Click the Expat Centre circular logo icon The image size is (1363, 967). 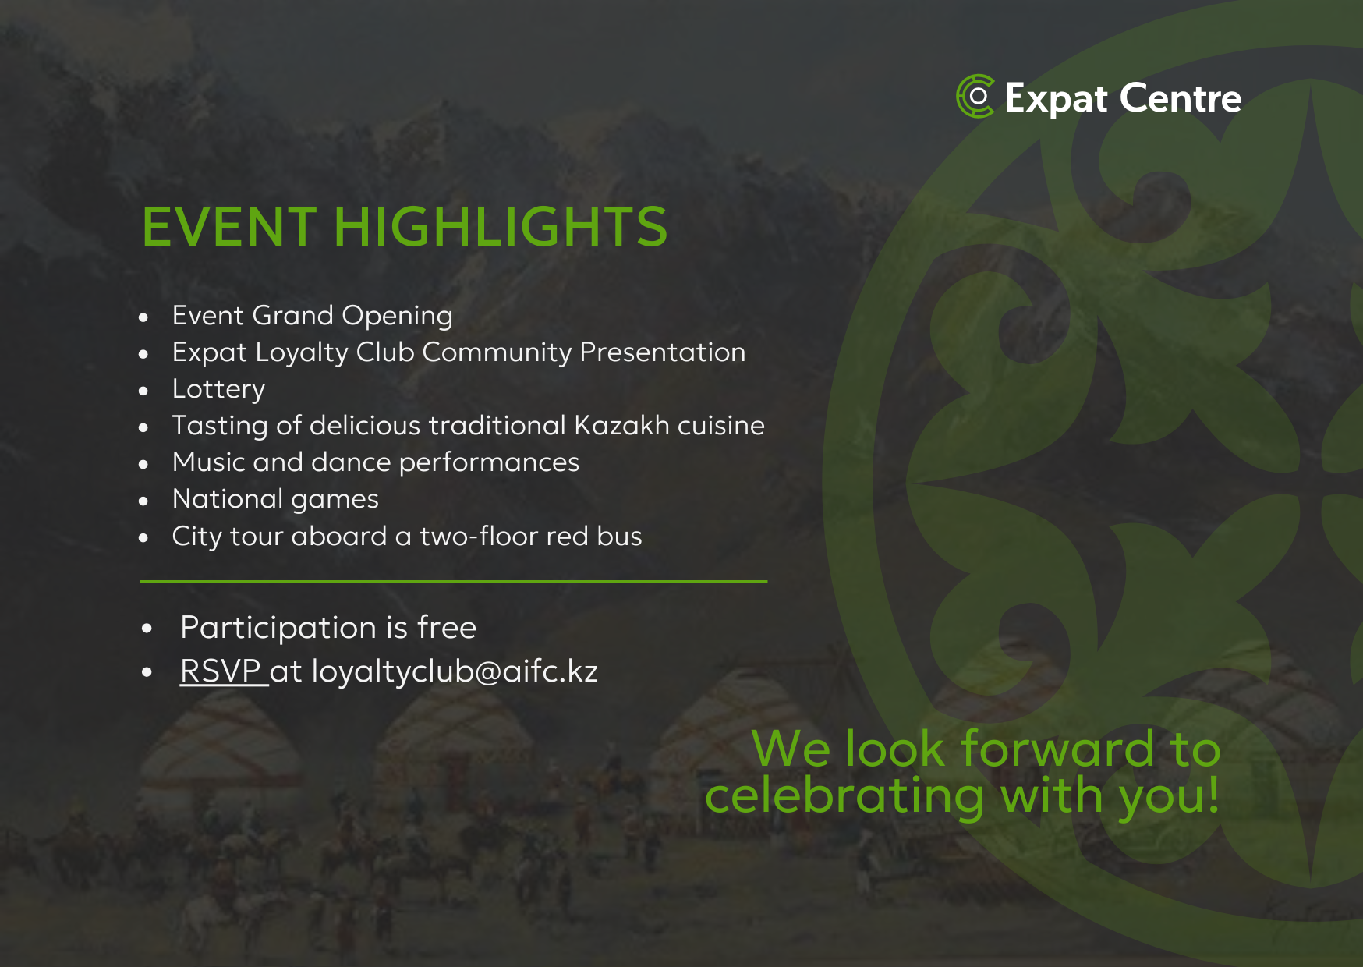click(x=975, y=97)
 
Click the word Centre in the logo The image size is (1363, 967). click(x=1181, y=98)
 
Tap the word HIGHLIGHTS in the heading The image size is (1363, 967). click(x=500, y=227)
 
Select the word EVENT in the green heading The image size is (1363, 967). click(x=229, y=227)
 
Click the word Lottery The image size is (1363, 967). click(x=218, y=390)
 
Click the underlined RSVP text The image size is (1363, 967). click(x=221, y=671)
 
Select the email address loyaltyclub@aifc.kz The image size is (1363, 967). click(x=455, y=672)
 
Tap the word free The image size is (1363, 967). click(x=447, y=627)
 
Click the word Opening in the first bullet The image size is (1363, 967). click(x=397, y=317)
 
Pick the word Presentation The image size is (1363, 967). click(x=663, y=352)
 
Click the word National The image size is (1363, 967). click(x=228, y=498)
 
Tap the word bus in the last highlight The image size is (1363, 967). click(x=619, y=536)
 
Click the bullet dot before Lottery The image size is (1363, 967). click(x=143, y=391)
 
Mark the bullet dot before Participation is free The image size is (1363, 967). click(x=147, y=629)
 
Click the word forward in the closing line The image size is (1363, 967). click(x=1057, y=749)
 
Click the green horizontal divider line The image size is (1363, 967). click(x=454, y=581)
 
